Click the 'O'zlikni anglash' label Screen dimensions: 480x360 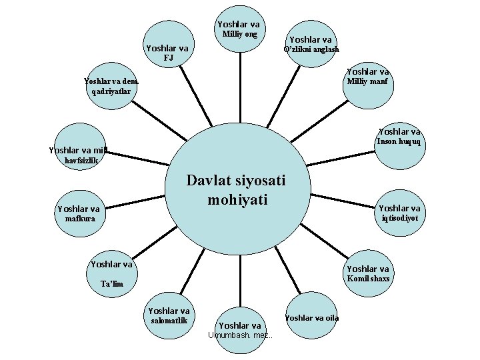(x=311, y=49)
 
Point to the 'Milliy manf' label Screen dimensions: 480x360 (x=368, y=82)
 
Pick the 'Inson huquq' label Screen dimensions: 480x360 (x=399, y=141)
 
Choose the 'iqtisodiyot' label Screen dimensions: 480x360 (x=400, y=218)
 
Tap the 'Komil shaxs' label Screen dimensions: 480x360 (x=368, y=278)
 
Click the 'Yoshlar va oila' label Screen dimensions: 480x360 (x=312, y=317)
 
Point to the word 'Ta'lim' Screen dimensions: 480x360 (x=112, y=285)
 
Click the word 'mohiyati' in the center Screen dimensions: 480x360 (x=237, y=200)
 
